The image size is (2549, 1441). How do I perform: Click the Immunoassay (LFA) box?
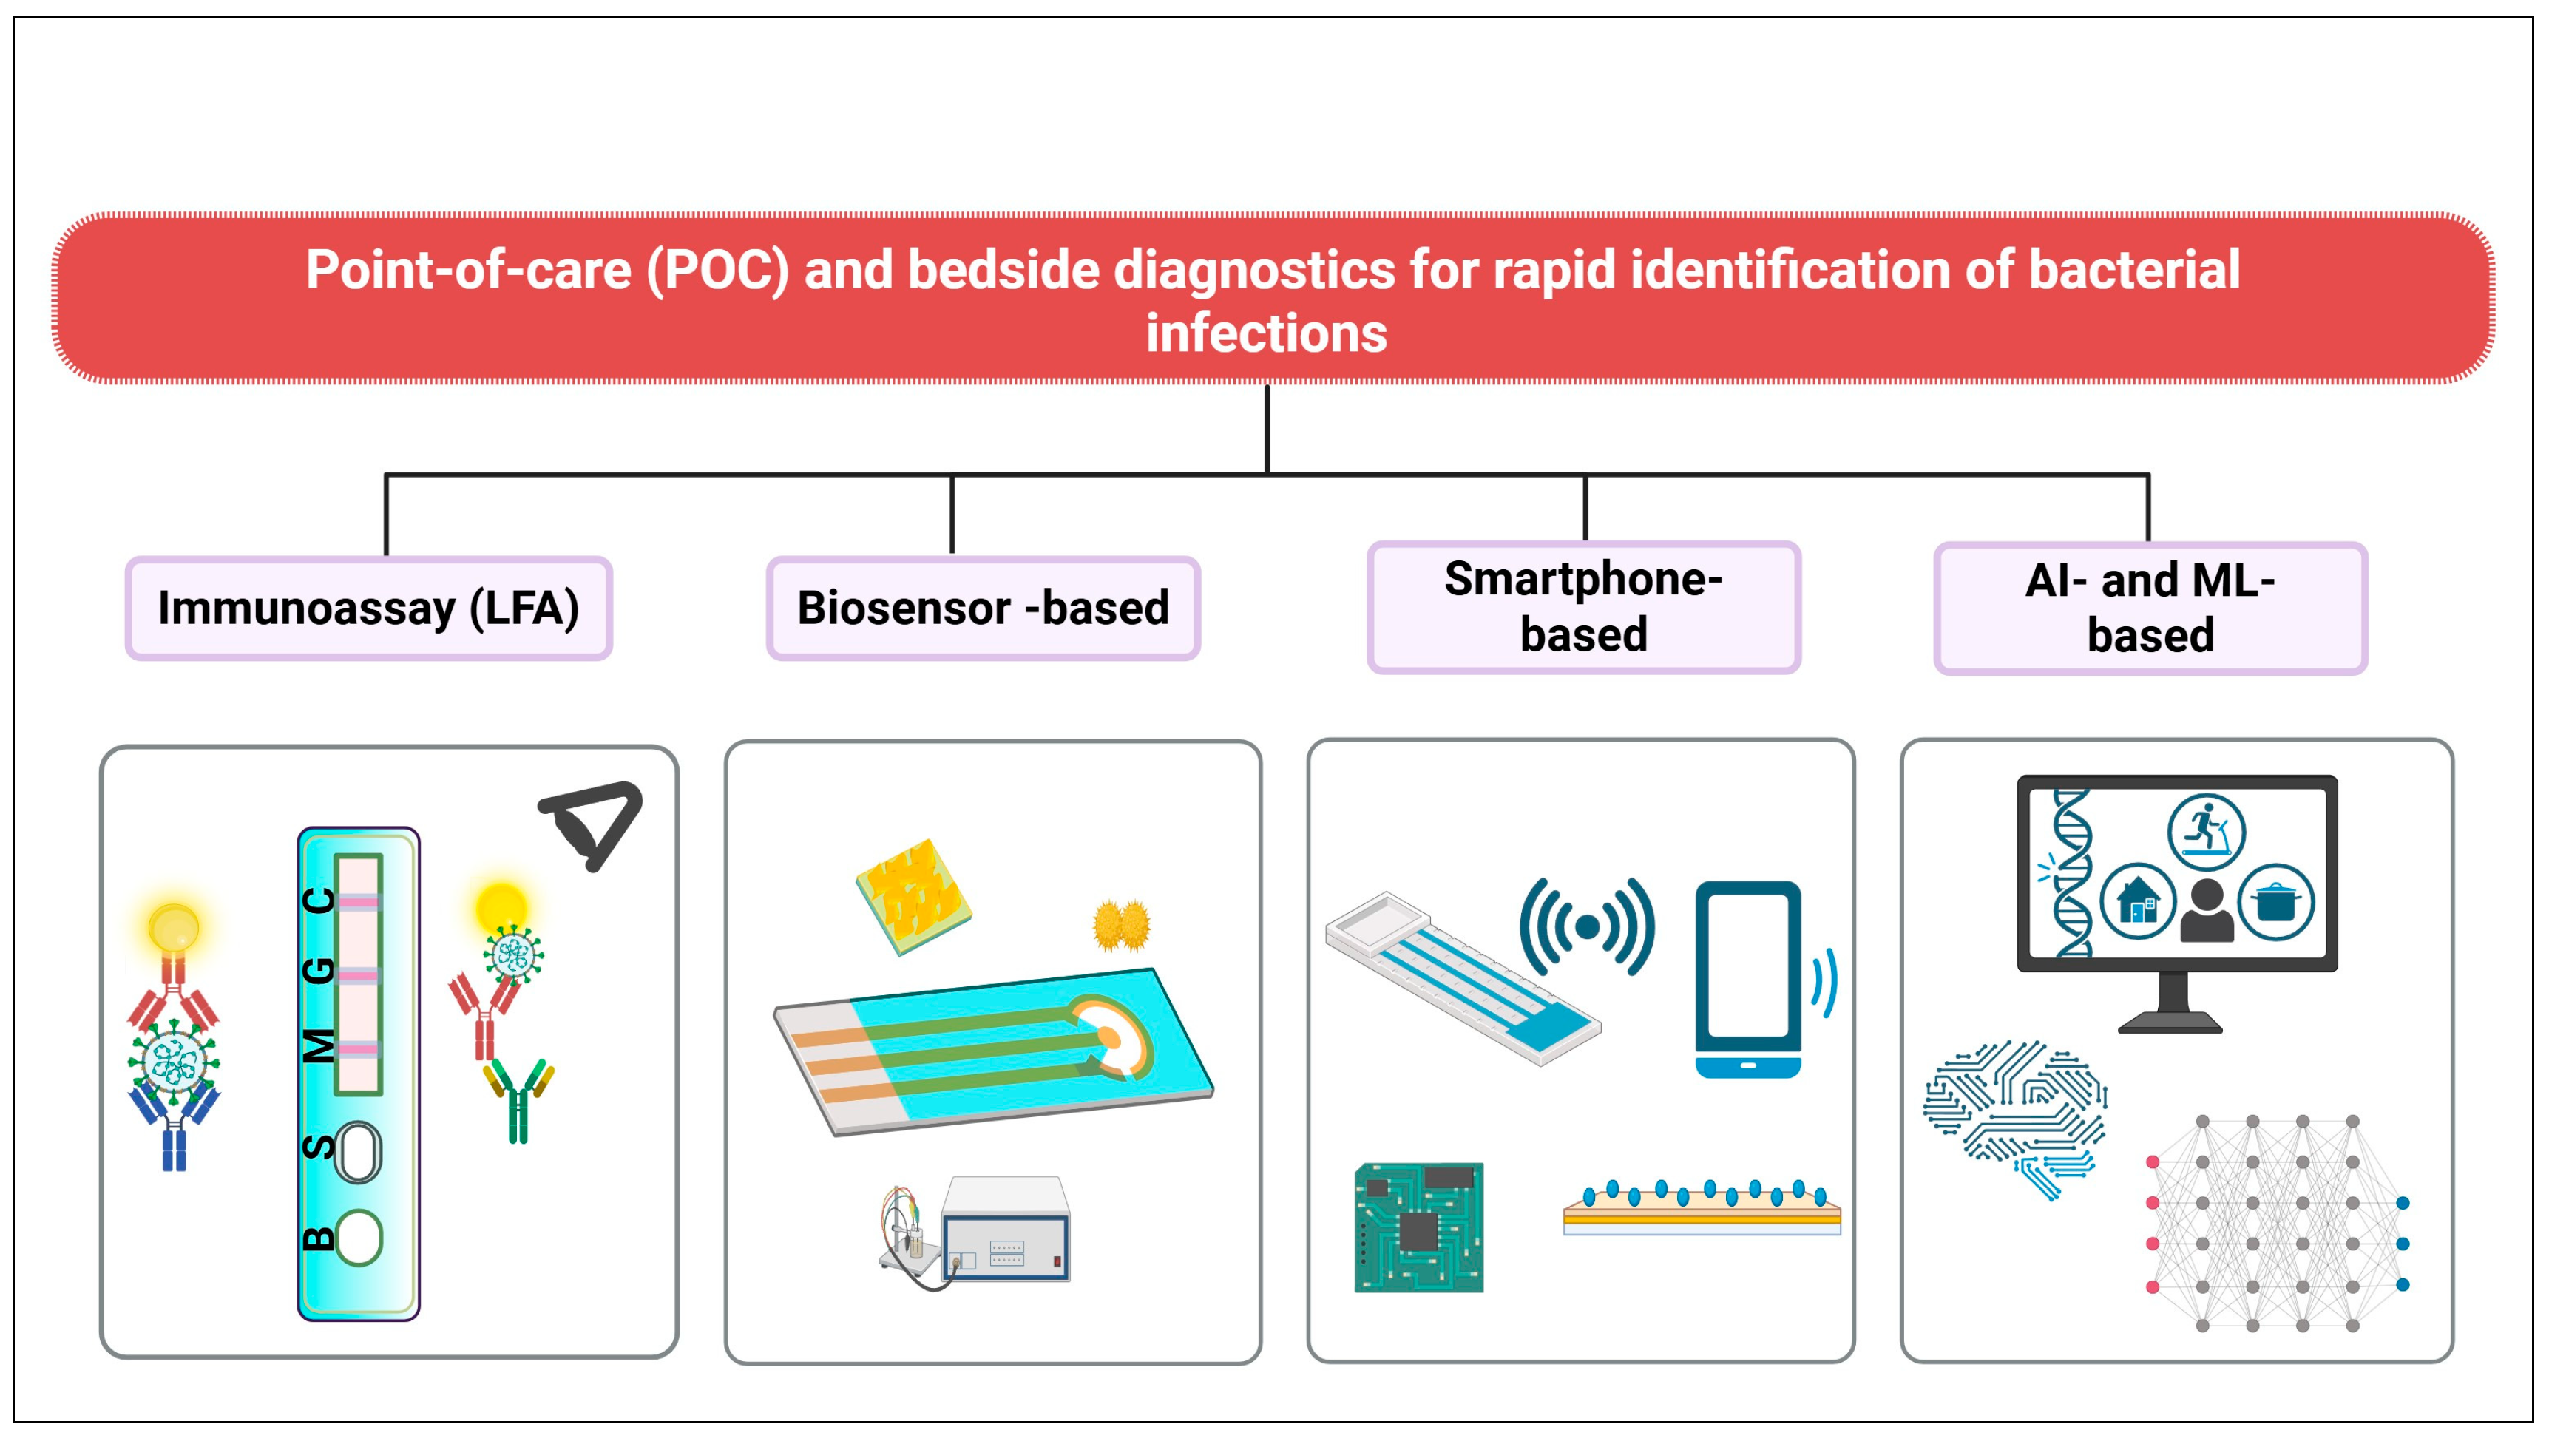point(368,608)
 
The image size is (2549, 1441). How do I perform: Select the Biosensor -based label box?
point(983,608)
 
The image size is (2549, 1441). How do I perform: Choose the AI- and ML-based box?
point(2150,608)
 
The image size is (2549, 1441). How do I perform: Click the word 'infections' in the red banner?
point(1266,333)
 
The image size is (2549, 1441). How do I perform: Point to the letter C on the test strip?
point(319,901)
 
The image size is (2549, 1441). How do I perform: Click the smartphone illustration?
point(1747,978)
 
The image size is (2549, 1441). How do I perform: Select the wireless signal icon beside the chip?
point(1587,927)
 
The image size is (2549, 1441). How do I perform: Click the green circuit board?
point(1418,1227)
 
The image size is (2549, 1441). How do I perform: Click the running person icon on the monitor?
point(2205,830)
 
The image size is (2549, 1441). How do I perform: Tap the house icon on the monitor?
point(2137,901)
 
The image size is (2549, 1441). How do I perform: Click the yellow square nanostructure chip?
point(913,895)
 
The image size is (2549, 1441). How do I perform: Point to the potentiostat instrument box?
point(1006,1230)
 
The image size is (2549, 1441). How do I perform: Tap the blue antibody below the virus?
point(175,1128)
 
